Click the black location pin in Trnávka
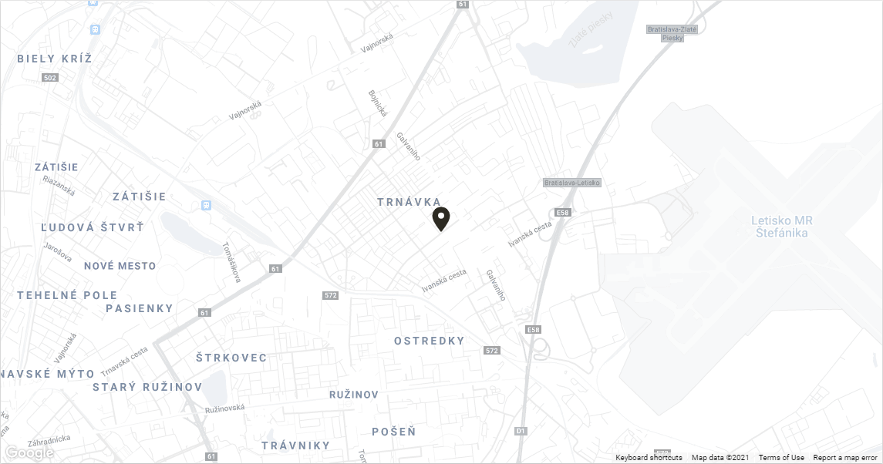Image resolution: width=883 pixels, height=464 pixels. [440, 218]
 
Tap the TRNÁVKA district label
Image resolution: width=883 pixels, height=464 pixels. [409, 202]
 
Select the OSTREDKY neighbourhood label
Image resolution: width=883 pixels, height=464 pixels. [430, 341]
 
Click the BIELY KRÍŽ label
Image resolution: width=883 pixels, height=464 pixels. [55, 59]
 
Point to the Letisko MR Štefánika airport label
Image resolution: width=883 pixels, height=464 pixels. [783, 227]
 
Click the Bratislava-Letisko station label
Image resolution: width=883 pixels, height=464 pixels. [571, 183]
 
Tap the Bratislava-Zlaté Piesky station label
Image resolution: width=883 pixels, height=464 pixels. [672, 33]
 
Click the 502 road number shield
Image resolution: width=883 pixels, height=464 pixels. [51, 78]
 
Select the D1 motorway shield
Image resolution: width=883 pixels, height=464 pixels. [521, 431]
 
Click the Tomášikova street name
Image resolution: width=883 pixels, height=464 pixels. [231, 263]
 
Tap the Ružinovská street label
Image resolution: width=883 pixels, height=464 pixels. [224, 408]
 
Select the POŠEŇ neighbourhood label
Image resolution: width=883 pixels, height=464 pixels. [393, 432]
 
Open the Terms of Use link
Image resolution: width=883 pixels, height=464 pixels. [781, 458]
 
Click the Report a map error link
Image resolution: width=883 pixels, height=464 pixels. [844, 458]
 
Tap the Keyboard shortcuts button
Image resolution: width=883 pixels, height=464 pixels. [649, 458]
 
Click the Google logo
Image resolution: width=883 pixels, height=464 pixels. [29, 452]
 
